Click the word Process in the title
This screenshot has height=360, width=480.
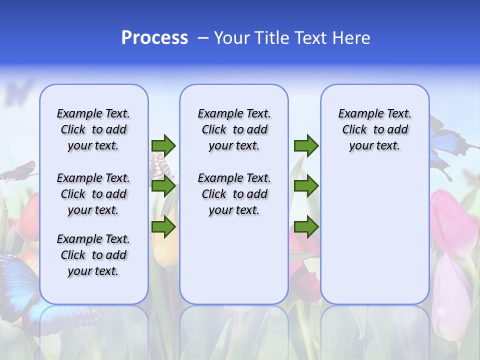pos(154,38)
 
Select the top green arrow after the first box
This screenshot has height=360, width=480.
pos(163,145)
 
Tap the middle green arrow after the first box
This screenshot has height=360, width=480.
pos(163,186)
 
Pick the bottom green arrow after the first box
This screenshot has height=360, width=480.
pos(163,227)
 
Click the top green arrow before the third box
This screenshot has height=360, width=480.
pos(306,145)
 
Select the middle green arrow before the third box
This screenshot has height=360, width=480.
pos(306,186)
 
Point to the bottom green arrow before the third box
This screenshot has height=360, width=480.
pos(306,227)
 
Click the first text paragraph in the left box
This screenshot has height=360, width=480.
pos(93,129)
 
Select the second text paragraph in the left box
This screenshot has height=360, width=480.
pos(93,194)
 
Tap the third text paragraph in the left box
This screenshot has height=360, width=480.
pos(93,255)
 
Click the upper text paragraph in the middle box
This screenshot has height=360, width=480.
pos(234,129)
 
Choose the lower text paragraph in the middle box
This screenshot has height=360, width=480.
pos(234,194)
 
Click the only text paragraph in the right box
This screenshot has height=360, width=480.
pos(374,129)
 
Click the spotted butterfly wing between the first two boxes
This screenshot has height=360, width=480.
pos(159,162)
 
